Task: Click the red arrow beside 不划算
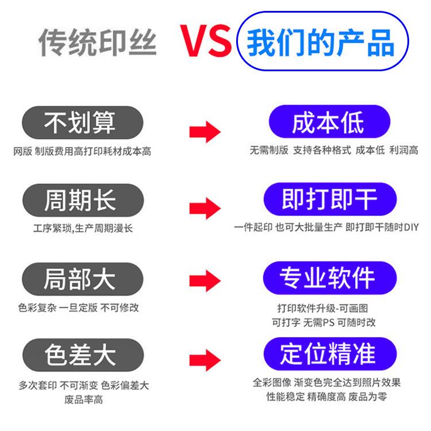205,132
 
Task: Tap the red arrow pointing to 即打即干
205,209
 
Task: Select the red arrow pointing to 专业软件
205,282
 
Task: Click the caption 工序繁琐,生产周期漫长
83,228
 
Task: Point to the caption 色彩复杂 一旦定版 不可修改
79,307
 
